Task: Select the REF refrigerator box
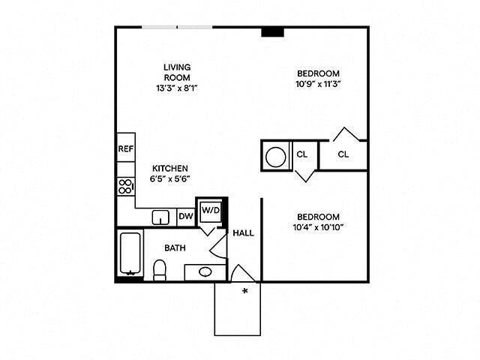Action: tap(125, 148)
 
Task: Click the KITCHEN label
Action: tap(170, 168)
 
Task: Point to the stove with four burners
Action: tap(125, 187)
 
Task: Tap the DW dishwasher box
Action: tap(186, 217)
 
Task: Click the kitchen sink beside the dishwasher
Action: tap(160, 217)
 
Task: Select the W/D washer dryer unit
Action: tap(211, 211)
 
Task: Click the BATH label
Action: tap(175, 247)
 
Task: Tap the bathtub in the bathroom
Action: tap(130, 255)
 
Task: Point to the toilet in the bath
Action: tap(159, 269)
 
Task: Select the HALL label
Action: tap(243, 232)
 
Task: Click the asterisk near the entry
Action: tap(244, 291)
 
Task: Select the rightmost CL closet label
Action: tap(343, 154)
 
